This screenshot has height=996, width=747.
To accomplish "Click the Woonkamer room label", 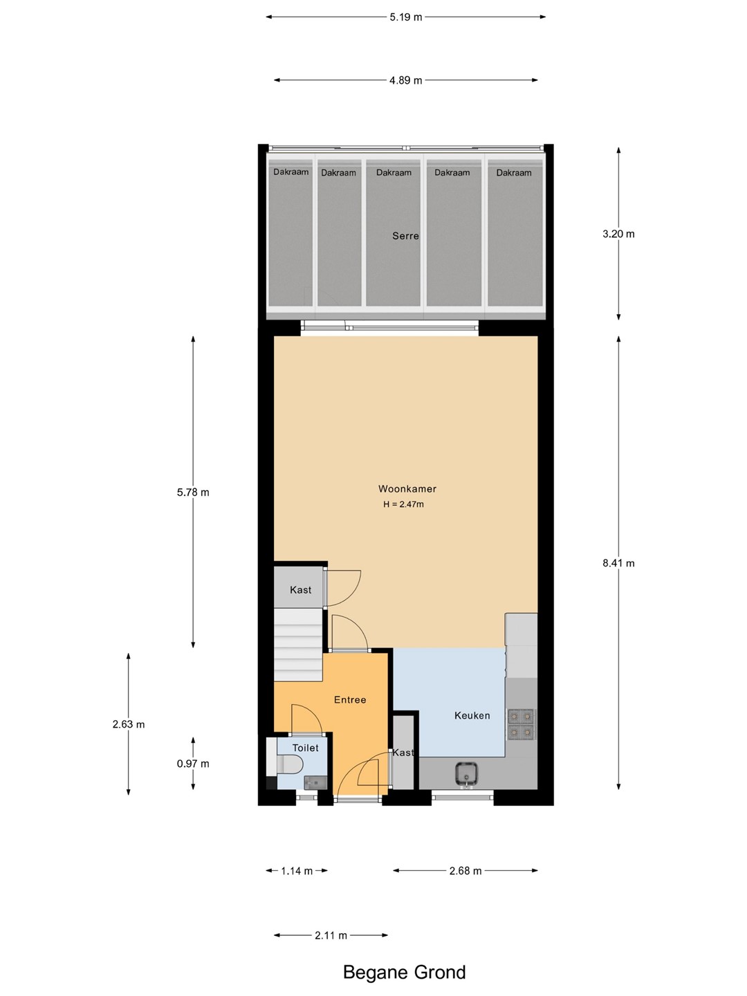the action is [x=407, y=489].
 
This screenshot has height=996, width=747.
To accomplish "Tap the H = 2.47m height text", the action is [x=403, y=504].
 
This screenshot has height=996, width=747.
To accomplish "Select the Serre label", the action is [x=405, y=235].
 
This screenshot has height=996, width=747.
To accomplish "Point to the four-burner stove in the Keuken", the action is [x=520, y=725].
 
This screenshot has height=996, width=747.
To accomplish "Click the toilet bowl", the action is [x=290, y=765].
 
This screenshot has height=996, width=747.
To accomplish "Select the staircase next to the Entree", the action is [x=298, y=645].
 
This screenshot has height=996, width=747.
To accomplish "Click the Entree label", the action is [x=350, y=700].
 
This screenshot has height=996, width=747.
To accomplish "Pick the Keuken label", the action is [x=472, y=716].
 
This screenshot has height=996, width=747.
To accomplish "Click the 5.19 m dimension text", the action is [x=405, y=17].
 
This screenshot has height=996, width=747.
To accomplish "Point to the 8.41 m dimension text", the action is [x=618, y=563].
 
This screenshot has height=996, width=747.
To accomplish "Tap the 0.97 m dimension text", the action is [x=193, y=764].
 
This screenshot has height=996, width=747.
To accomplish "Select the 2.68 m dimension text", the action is [x=465, y=871].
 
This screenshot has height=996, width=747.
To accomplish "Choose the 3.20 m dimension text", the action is [x=618, y=234].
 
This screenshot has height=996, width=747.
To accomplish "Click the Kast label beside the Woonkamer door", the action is [x=300, y=590].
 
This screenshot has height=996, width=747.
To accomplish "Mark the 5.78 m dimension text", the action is [x=193, y=492].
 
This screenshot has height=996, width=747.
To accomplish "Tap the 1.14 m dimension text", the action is [x=297, y=871].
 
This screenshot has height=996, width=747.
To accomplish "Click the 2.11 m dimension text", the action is [x=331, y=935].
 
